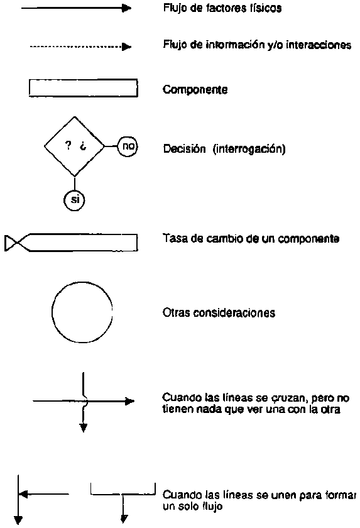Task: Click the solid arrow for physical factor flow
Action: [76, 8]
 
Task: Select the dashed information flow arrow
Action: [80, 47]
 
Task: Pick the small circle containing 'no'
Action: [128, 146]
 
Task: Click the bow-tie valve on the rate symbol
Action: [13, 243]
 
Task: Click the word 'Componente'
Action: [195, 89]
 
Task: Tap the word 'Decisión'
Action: [184, 148]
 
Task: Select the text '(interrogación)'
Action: [249, 149]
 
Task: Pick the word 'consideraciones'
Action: [230, 313]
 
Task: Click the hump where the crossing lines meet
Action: [85, 401]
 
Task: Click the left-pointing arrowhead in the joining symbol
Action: [23, 494]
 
